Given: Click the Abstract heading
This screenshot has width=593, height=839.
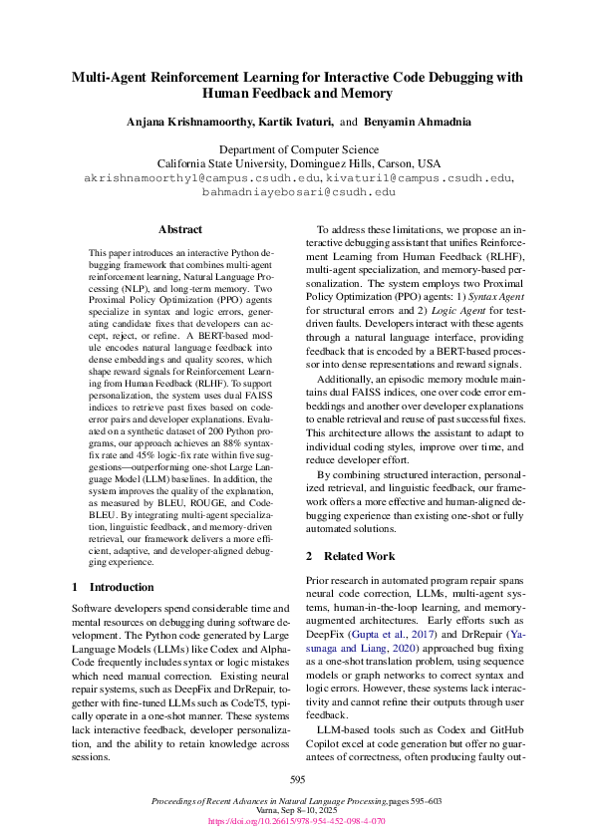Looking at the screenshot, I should click(180, 229).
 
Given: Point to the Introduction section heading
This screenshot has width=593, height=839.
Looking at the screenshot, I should click(125, 588).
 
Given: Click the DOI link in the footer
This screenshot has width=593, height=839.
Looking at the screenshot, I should click(296, 822).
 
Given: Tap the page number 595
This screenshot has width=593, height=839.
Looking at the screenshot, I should click(296, 779).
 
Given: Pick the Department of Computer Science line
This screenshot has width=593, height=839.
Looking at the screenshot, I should click(297, 149).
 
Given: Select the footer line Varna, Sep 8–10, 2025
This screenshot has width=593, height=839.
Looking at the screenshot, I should click(296, 812).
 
